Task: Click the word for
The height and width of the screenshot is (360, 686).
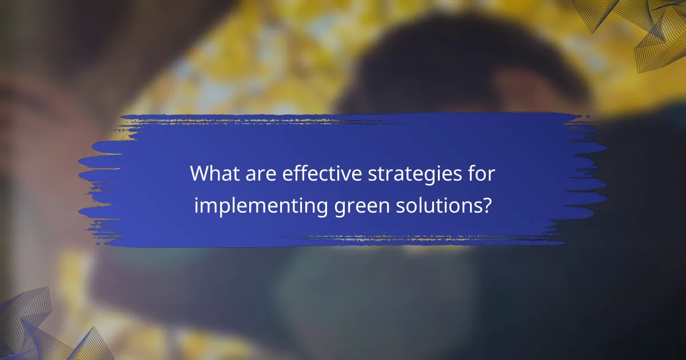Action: pos(482,173)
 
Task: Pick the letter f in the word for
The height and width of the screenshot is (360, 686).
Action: pos(473,173)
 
